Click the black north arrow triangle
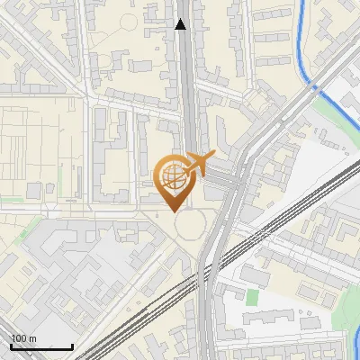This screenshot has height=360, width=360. pos(181,24)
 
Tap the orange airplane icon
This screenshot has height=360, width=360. pos(197,164)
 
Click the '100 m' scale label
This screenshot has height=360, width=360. pos(23,339)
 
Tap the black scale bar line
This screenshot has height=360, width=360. pos(41,346)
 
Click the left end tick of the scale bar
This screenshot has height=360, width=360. pos(11,345)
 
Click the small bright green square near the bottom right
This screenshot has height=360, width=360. pos(252,296)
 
